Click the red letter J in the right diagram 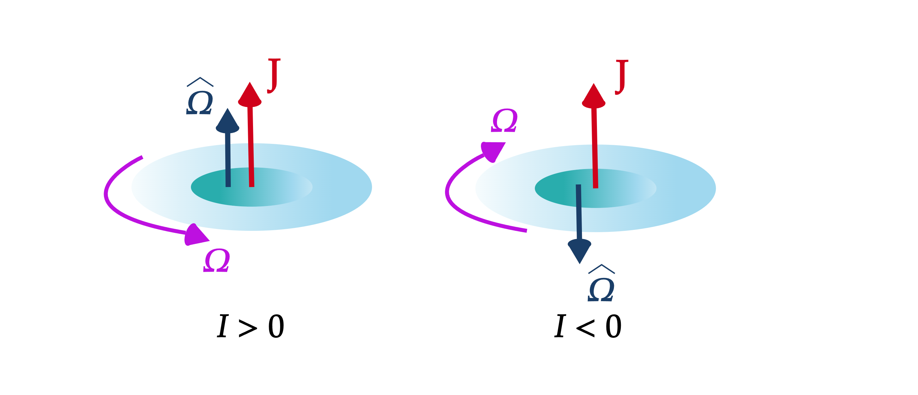621,77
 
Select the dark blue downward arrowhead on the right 579,251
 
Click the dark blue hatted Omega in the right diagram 601,289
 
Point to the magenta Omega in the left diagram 217,261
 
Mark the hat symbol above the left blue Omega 200,82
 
